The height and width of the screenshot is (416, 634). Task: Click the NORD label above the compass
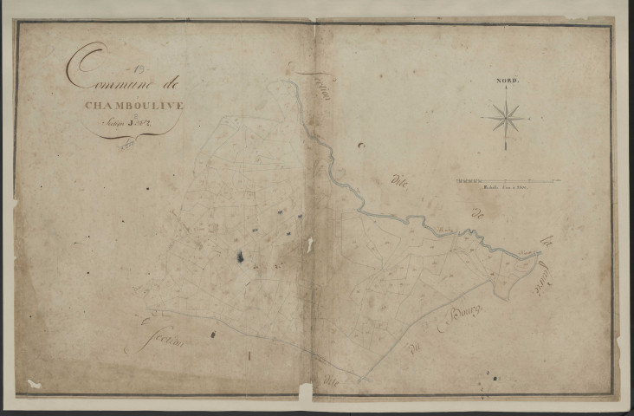(x=507, y=81)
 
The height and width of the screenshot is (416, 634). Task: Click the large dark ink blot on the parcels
(x=240, y=257)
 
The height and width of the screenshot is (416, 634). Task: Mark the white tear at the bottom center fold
(x=305, y=392)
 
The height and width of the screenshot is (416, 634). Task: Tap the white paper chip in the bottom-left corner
(x=34, y=383)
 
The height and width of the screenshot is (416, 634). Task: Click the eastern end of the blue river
(x=537, y=253)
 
